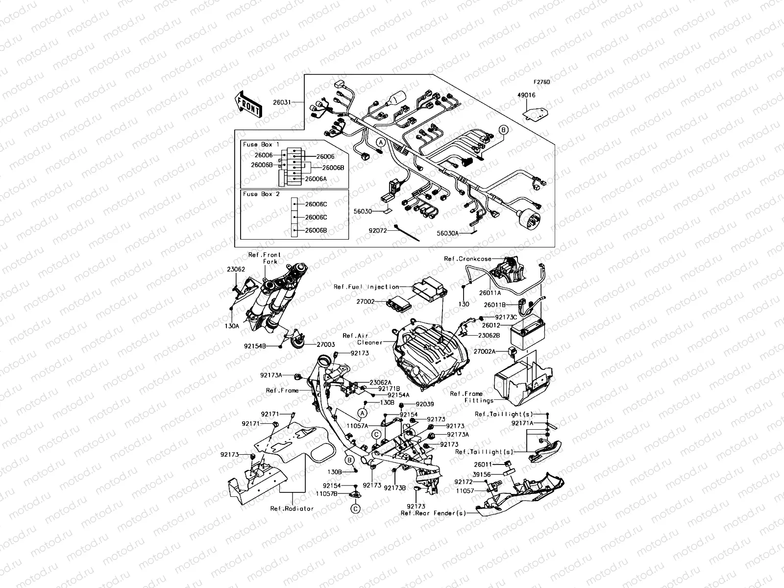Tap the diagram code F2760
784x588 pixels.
tap(542, 82)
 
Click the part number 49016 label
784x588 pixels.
tap(522, 96)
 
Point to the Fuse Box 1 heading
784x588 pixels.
tap(261, 145)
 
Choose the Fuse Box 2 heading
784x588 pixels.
tap(261, 194)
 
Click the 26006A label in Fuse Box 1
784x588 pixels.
tap(316, 179)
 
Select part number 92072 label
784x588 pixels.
tap(379, 229)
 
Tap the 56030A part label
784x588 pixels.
tap(448, 234)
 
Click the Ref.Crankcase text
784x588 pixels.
tap(467, 259)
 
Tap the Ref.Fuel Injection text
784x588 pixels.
tap(366, 287)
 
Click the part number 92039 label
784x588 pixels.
tap(425, 404)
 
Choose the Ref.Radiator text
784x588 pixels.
tap(292, 509)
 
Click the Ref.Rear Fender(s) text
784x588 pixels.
tap(432, 513)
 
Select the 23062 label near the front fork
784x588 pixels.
tap(236, 269)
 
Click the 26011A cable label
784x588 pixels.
tap(490, 294)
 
